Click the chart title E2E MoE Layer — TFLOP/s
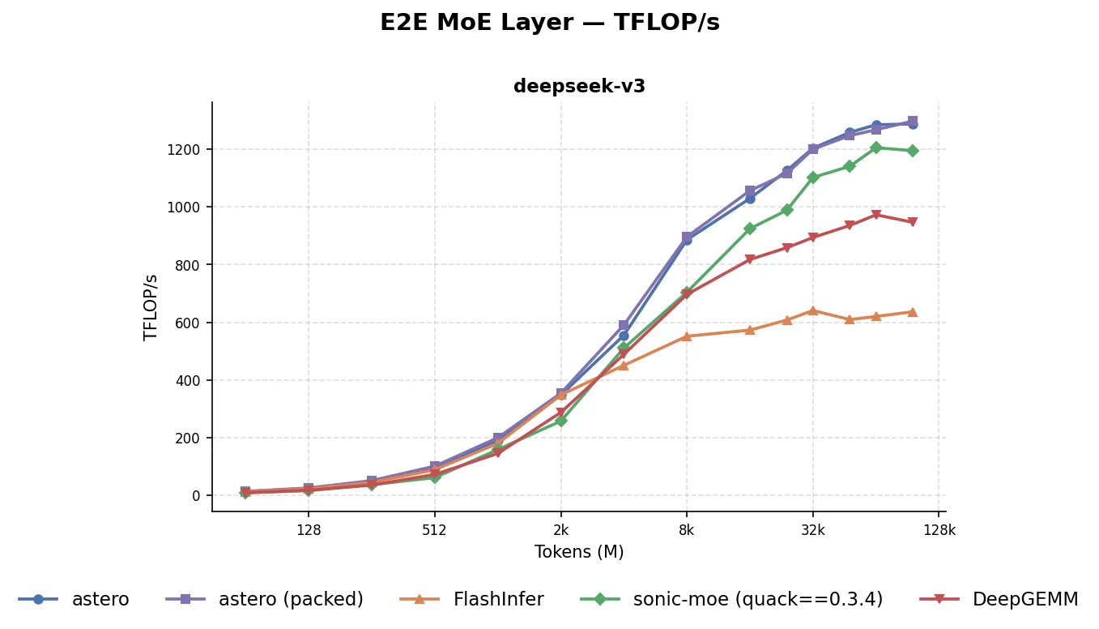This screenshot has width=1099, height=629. [x=549, y=23]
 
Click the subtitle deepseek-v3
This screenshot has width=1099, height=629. [x=579, y=87]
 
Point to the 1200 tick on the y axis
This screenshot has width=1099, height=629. [x=188, y=150]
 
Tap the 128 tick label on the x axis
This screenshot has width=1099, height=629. [x=309, y=531]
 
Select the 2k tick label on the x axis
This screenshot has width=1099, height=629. [x=560, y=531]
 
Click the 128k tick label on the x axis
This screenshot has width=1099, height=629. [x=939, y=531]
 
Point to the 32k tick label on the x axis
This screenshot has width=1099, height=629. [x=813, y=531]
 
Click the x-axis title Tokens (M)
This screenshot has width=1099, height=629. [x=579, y=552]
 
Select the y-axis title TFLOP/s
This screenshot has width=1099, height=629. [x=151, y=307]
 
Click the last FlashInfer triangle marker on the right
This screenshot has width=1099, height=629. [x=913, y=312]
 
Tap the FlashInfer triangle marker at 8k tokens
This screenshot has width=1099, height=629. [x=687, y=336]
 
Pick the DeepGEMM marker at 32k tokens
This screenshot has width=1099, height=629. [x=813, y=237]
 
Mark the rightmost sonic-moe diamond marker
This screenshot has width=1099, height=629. [x=913, y=151]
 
